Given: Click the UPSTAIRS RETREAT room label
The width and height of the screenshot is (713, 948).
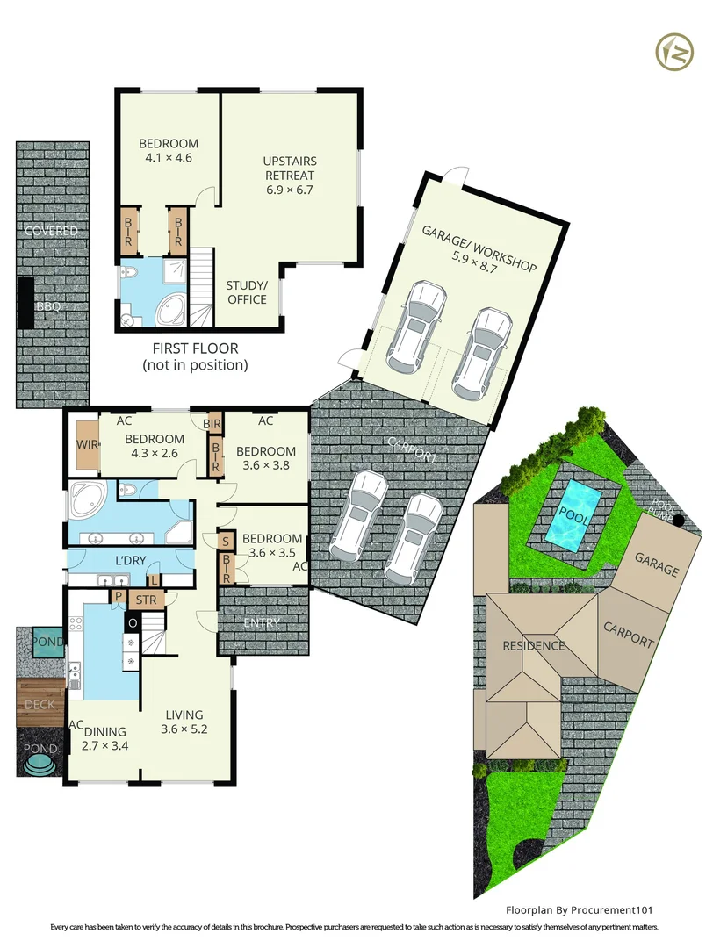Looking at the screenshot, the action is (290, 168).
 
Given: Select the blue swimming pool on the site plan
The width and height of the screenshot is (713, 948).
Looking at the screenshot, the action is (573, 516).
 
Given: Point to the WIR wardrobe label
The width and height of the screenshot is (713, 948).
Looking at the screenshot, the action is (87, 445).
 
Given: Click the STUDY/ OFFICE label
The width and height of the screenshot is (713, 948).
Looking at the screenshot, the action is (247, 292).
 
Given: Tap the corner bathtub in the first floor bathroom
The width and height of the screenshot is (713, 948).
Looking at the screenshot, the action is (172, 311).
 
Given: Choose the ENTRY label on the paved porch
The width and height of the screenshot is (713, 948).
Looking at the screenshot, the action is (262, 622).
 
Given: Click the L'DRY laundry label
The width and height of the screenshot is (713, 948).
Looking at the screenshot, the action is (130, 560).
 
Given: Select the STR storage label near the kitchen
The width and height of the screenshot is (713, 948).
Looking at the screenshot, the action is (147, 600).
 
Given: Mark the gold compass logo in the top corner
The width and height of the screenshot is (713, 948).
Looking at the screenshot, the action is (674, 52).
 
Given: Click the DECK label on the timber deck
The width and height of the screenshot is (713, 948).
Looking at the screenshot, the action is (40, 704).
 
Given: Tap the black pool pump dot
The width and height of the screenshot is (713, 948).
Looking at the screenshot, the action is (679, 520).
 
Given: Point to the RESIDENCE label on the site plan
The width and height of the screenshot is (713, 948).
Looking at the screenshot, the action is (533, 646).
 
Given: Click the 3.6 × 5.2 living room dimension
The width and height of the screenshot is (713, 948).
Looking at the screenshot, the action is (184, 729).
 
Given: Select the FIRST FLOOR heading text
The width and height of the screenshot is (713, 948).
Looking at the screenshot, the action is (195, 348).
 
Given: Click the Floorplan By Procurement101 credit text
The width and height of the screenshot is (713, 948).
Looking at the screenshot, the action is (580, 909).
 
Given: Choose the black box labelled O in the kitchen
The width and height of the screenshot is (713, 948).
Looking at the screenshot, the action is (133, 622).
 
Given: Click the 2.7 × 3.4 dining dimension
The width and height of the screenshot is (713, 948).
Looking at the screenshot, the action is (105, 745).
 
